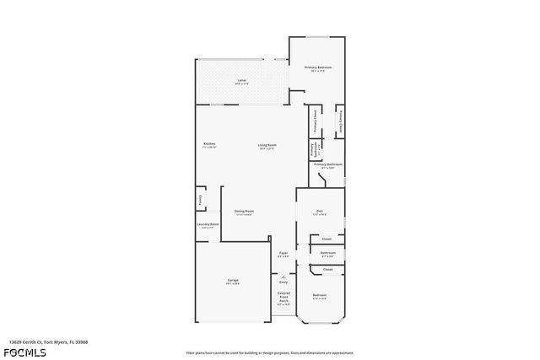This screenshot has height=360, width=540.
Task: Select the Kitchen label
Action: (209, 146)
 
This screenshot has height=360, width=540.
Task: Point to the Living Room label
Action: (267, 146)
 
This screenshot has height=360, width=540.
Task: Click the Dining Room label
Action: (244, 212)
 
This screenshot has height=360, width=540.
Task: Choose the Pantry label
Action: (200, 200)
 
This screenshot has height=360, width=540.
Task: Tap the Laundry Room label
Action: (208, 225)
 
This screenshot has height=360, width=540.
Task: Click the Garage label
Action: (232, 281)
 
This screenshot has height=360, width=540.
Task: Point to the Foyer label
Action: (284, 254)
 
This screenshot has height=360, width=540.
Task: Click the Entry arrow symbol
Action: (283, 277)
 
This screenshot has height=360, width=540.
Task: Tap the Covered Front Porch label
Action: (283, 296)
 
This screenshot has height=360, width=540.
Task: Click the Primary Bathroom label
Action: (327, 165)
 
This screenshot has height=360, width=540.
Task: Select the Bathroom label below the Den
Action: (328, 254)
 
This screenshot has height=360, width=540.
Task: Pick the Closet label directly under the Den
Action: (327, 239)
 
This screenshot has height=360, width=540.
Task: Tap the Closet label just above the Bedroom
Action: (328, 270)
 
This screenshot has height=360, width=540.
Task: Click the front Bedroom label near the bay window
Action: (320, 296)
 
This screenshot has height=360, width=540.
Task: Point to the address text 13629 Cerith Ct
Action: (48, 342)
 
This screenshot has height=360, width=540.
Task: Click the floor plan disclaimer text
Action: (270, 352)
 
